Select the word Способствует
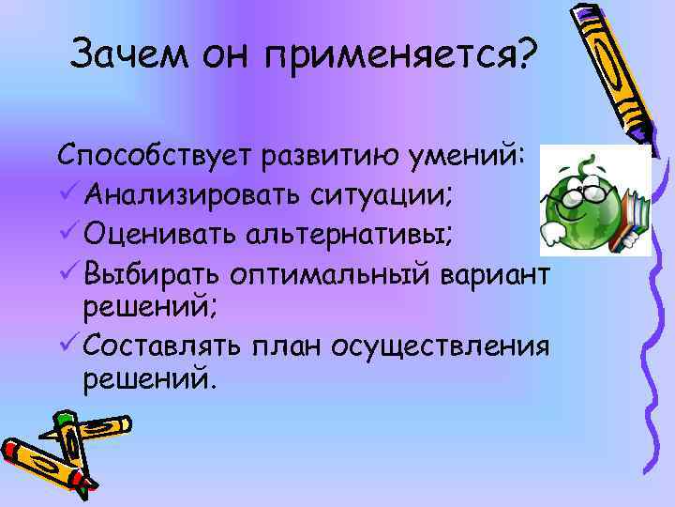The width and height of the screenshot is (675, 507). (156, 156)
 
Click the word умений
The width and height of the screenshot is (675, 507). (469, 155)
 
